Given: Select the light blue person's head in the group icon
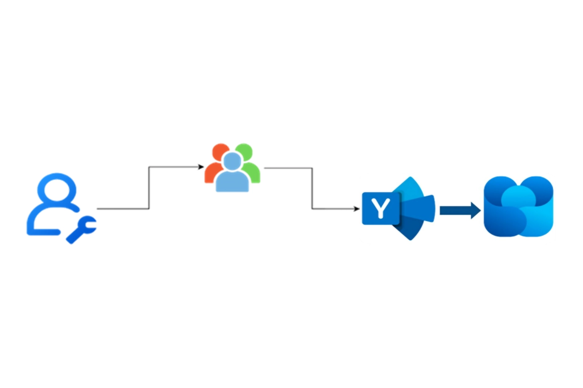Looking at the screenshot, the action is (232, 161).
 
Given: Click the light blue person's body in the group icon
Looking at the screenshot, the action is (232, 181).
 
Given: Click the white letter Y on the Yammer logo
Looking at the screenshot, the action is (381, 208).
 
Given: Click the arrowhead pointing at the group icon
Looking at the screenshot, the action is (201, 167).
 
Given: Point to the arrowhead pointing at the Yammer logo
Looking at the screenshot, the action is (356, 208).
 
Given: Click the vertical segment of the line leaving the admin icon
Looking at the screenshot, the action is (149, 188).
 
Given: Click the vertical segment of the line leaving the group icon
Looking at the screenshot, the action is (312, 189).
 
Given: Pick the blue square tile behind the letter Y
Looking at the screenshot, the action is (381, 208).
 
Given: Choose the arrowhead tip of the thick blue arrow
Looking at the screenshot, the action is (480, 210).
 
